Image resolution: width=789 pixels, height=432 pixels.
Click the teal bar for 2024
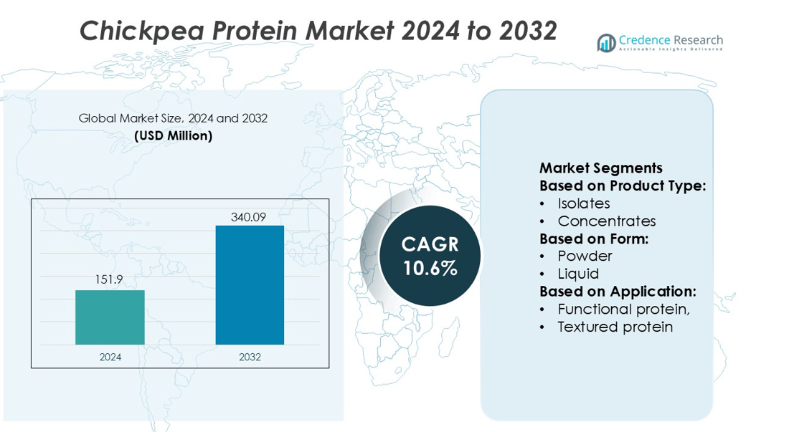(x=110, y=317)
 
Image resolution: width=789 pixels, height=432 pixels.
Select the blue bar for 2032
(x=250, y=285)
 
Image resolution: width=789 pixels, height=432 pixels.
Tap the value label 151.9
(x=109, y=279)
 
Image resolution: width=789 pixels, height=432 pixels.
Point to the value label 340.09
(x=248, y=217)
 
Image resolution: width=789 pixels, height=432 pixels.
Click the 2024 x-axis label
(x=110, y=357)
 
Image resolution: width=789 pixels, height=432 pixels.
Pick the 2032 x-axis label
(x=250, y=357)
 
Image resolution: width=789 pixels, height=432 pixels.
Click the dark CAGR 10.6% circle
(x=430, y=256)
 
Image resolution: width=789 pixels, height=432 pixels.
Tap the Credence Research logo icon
(x=606, y=43)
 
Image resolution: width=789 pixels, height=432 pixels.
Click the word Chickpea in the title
(x=143, y=31)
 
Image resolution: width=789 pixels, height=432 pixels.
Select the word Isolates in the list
(x=584, y=203)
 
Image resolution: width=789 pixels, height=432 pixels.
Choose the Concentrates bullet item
(x=606, y=221)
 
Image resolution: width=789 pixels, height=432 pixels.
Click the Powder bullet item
(x=585, y=256)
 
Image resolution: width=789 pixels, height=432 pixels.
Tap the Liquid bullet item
(x=578, y=274)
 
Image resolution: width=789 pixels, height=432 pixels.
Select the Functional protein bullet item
(x=623, y=309)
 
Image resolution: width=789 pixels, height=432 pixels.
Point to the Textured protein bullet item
(x=615, y=327)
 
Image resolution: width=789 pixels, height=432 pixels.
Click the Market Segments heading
(x=601, y=168)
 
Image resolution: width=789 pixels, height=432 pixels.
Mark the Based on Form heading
(x=594, y=239)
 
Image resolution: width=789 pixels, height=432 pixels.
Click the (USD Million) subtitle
(x=173, y=135)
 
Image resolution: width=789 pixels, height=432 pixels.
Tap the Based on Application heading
(x=618, y=292)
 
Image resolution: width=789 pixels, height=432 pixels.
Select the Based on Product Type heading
(x=623, y=186)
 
